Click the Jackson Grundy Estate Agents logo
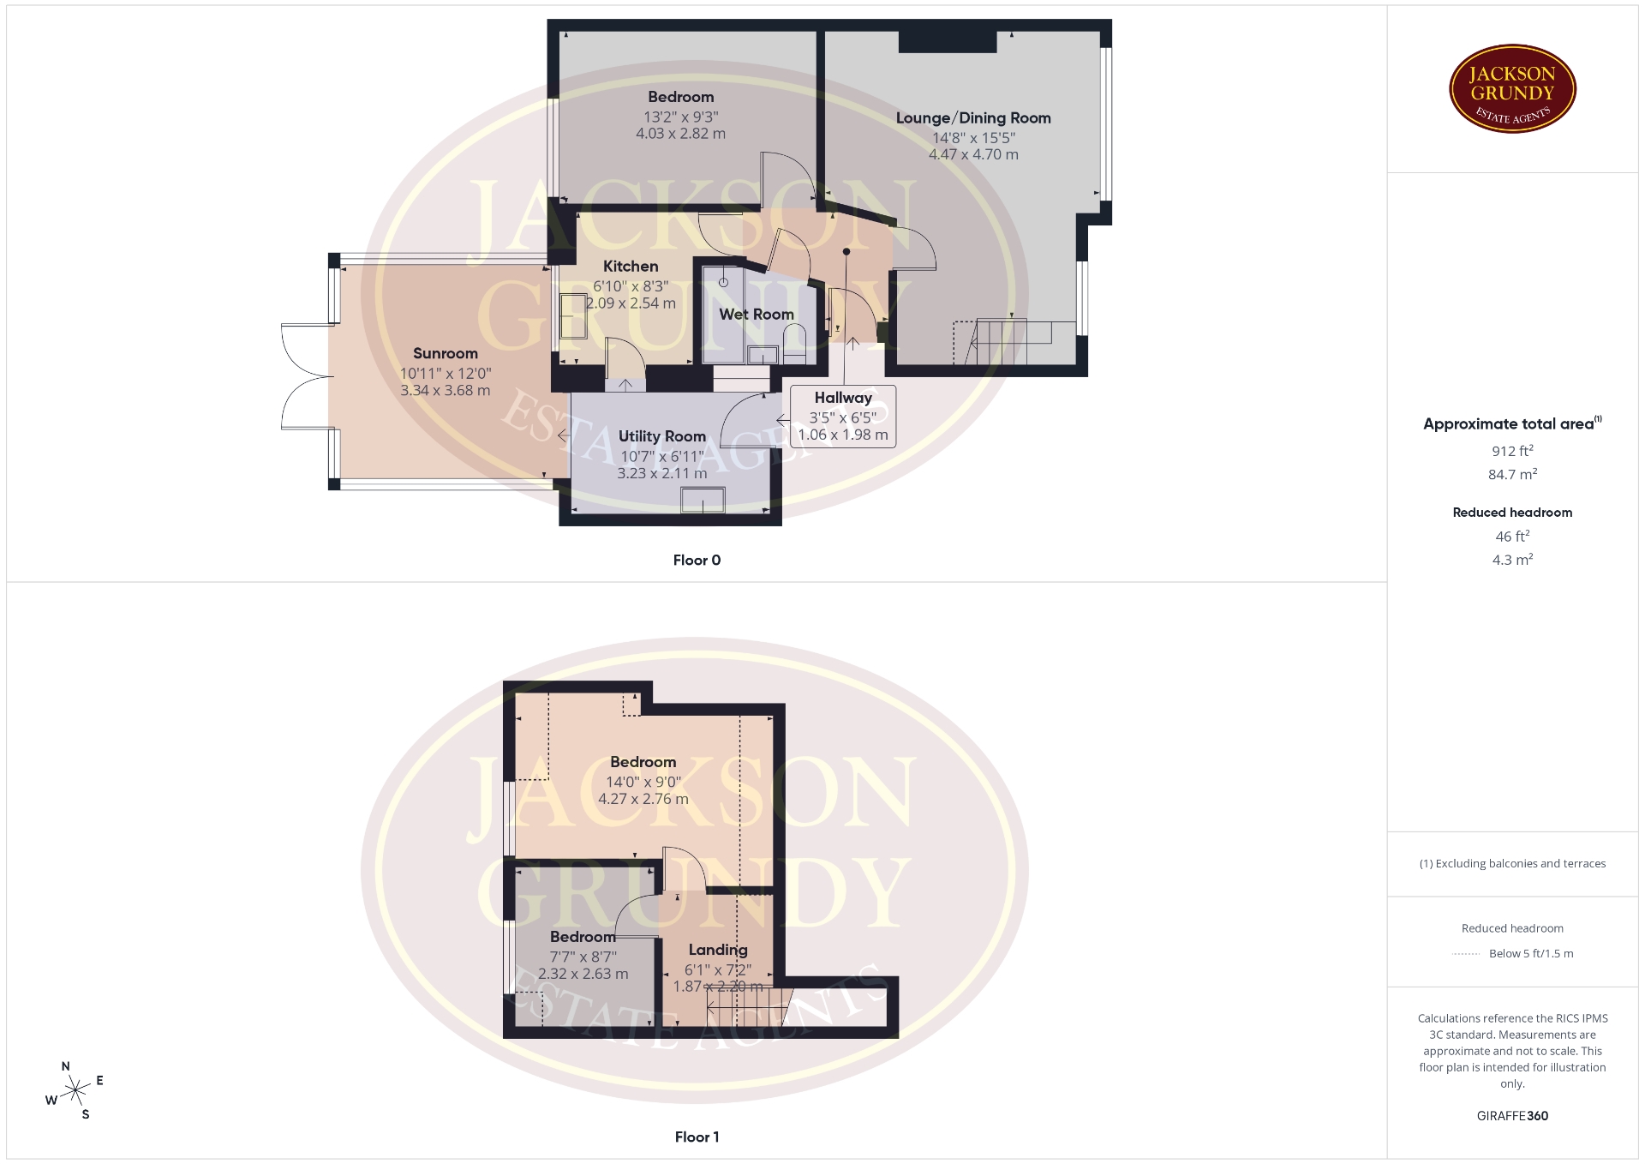coord(1513,89)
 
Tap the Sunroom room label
coord(446,353)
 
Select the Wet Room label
coord(757,315)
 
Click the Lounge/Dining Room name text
coord(973,118)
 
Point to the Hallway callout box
coord(843,416)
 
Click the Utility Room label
coord(662,436)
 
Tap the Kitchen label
coord(631,267)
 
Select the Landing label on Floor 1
coord(718,950)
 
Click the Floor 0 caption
coord(697,561)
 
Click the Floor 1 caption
coord(697,1137)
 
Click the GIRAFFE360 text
coord(1512,1116)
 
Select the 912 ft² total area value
coord(1512,451)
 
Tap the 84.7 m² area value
coord(1512,474)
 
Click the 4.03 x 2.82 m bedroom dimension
coord(680,134)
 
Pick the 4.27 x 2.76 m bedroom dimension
coord(643,799)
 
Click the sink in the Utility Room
coord(703,500)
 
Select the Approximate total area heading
coord(1512,423)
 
